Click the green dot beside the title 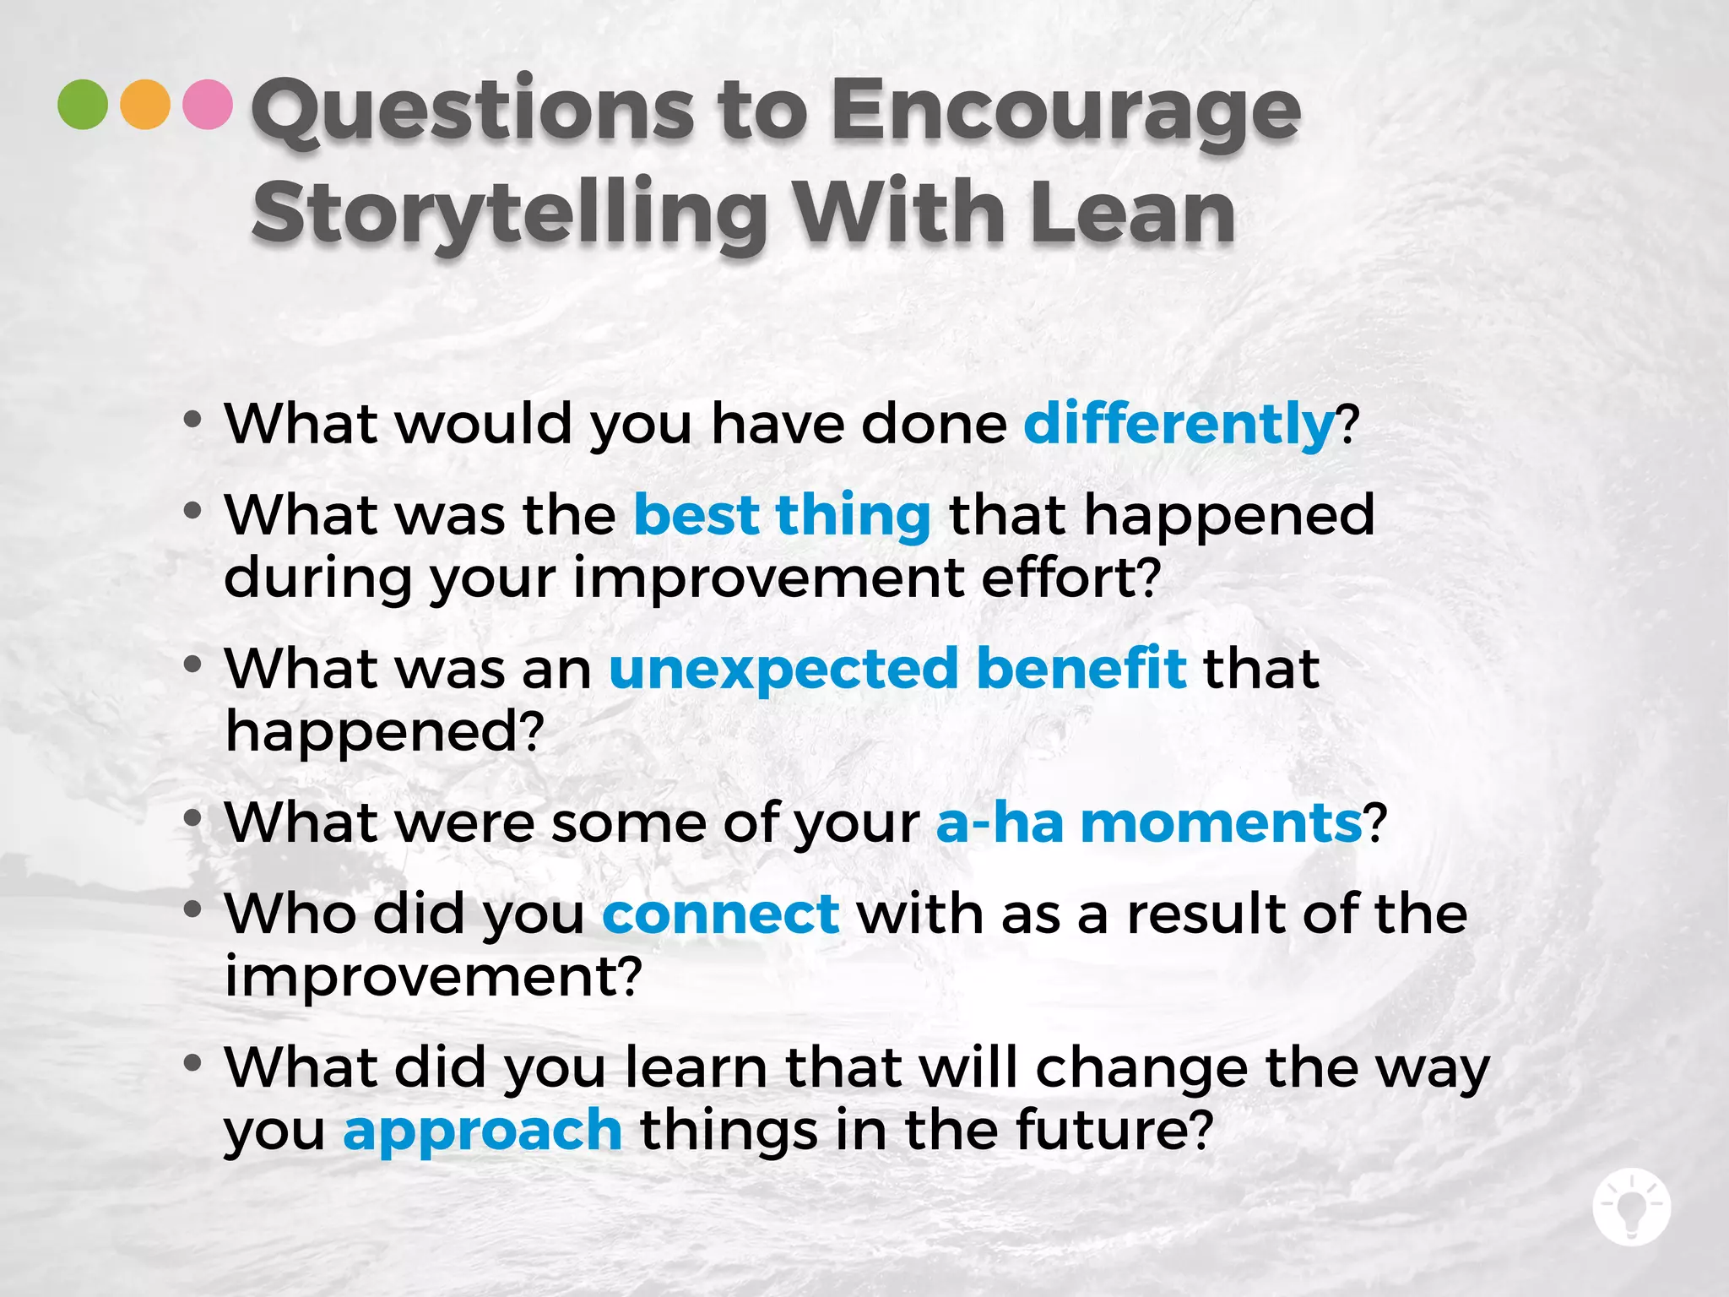(83, 104)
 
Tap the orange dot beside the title (145, 104)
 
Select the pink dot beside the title (208, 104)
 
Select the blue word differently (1179, 423)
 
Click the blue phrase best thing (782, 515)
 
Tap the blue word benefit (1081, 669)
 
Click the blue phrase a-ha (1000, 822)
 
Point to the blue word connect (721, 914)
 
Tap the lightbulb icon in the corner (1631, 1207)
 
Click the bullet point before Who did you (192, 909)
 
